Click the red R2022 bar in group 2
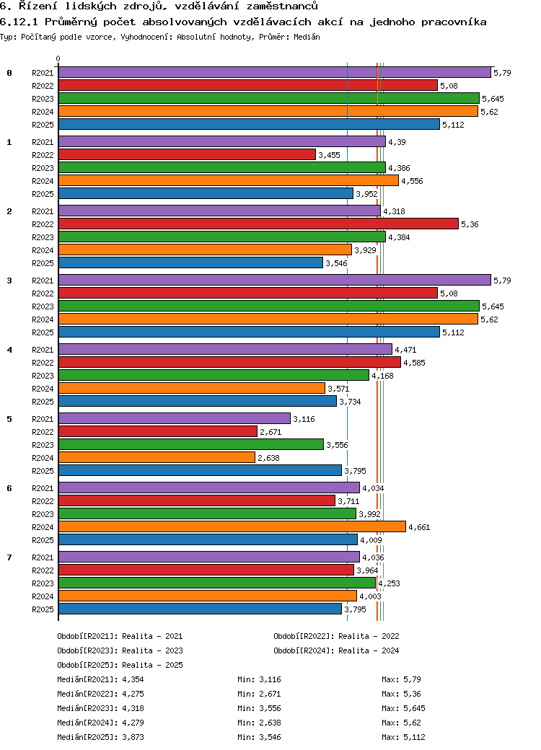(258, 224)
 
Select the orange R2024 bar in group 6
(232, 527)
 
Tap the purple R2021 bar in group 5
(174, 419)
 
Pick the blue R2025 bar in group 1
(206, 194)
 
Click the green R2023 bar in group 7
(216, 583)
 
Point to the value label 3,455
(329, 155)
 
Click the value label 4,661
(419, 527)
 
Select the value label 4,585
(414, 363)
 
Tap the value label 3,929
(365, 250)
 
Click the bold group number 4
(9, 350)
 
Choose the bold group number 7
(9, 557)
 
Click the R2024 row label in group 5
(43, 458)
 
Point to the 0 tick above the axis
(58, 59)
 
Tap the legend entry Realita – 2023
(152, 650)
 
